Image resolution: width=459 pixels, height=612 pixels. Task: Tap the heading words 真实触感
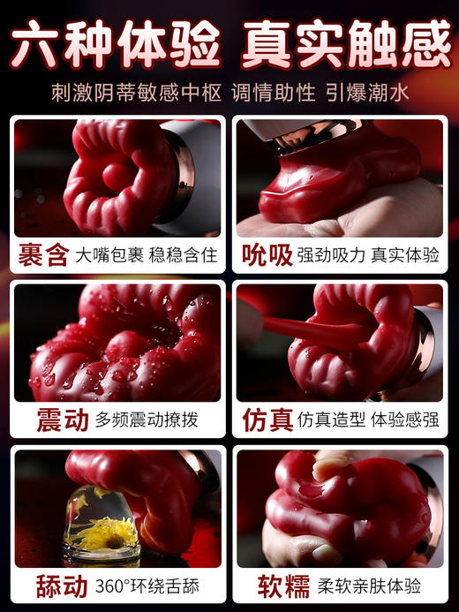345,45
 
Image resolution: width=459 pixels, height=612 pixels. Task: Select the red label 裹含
44,256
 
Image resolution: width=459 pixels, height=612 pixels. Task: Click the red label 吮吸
267,256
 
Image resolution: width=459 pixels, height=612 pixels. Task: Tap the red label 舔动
62,586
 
